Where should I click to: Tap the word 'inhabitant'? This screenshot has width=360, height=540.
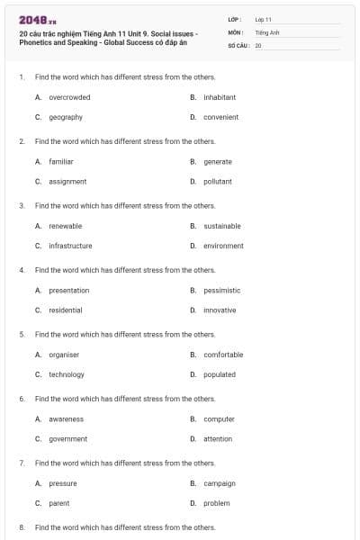(220, 97)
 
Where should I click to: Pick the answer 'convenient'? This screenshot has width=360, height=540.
(220, 117)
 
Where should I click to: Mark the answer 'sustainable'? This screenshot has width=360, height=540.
(222, 226)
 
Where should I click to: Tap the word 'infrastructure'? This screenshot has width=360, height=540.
(70, 246)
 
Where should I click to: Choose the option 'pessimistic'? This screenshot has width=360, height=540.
(222, 290)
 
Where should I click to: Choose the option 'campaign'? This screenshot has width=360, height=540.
(220, 483)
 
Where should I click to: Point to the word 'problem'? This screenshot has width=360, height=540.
(217, 503)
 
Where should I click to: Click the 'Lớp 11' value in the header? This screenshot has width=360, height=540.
(263, 19)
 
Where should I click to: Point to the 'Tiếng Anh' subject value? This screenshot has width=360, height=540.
(267, 31)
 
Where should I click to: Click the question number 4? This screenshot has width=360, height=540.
(22, 270)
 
